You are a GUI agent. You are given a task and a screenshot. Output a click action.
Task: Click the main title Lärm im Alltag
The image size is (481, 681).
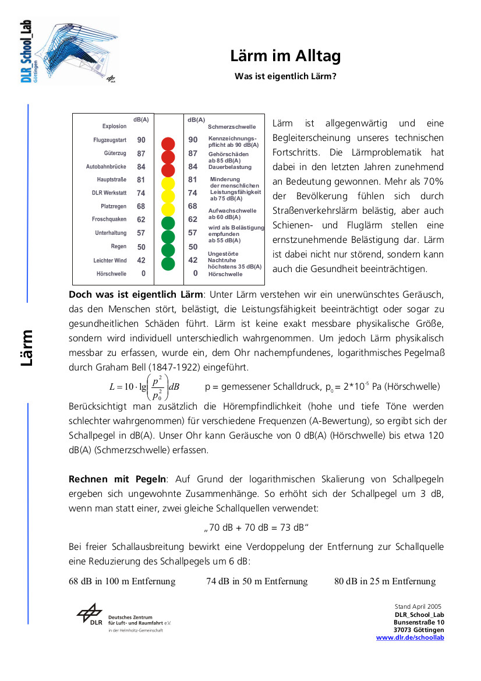pos(285,56)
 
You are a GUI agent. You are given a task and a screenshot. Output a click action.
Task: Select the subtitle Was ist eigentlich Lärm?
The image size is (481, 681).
pos(285,76)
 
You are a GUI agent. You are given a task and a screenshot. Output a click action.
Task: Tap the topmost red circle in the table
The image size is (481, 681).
pos(168,144)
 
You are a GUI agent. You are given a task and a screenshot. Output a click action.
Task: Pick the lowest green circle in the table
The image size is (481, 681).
pos(168,264)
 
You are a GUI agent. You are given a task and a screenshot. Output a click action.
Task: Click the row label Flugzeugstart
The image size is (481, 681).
pos(110,140)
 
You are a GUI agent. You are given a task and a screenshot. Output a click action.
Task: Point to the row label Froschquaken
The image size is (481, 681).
pos(109,220)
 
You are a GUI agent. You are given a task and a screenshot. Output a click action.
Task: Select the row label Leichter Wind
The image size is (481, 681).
pos(110,260)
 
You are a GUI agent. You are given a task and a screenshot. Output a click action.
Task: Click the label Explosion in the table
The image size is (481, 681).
pos(115,126)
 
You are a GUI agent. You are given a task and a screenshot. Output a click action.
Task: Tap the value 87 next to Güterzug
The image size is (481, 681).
pos(142,154)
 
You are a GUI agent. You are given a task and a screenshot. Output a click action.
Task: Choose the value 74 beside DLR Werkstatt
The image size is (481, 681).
pos(142,193)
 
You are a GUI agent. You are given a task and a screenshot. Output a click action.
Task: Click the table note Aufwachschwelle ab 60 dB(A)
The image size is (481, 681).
pos(232,214)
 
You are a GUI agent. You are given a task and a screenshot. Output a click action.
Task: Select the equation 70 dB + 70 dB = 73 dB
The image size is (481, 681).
pos(256,528)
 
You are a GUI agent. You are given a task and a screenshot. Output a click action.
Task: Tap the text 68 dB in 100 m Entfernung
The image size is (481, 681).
pos(122,581)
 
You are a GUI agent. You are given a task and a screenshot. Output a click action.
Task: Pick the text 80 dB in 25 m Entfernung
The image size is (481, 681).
pos(385,581)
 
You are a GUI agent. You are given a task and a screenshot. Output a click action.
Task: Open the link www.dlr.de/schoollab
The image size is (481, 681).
pos(410,638)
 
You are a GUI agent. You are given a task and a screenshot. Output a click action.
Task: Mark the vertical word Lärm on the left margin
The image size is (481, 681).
pos(27,348)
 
